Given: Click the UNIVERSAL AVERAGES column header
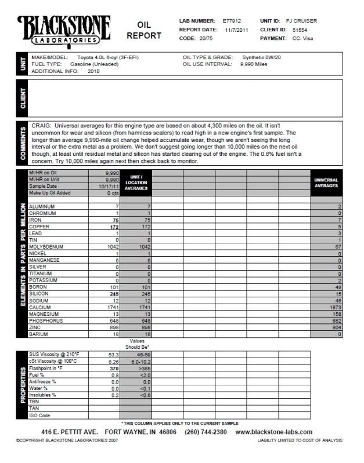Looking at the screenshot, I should (x=326, y=183).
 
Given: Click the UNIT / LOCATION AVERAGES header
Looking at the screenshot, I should (x=136, y=183).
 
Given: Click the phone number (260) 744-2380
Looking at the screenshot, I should (x=206, y=432).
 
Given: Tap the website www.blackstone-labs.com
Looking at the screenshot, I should (x=275, y=432).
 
